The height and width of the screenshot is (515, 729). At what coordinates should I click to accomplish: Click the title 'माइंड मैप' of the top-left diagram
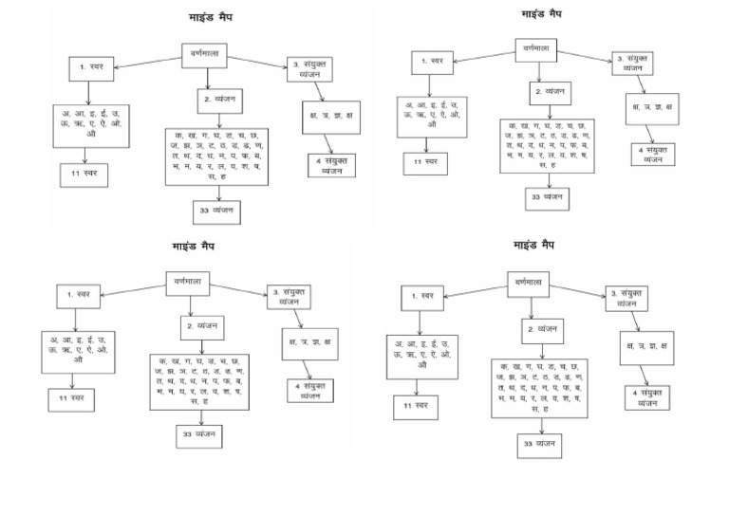pos(211,18)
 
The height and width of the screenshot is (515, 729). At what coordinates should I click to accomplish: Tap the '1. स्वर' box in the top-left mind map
pos(91,69)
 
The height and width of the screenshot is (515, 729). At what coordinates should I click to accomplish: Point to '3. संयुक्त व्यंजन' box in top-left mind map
pos(313,68)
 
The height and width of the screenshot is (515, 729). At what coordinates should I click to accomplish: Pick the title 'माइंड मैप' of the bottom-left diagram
pos(194,247)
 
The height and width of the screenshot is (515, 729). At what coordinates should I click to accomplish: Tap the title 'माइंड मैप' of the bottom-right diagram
pos(534,245)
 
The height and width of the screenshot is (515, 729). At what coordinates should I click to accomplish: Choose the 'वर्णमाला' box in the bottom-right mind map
pos(528,283)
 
